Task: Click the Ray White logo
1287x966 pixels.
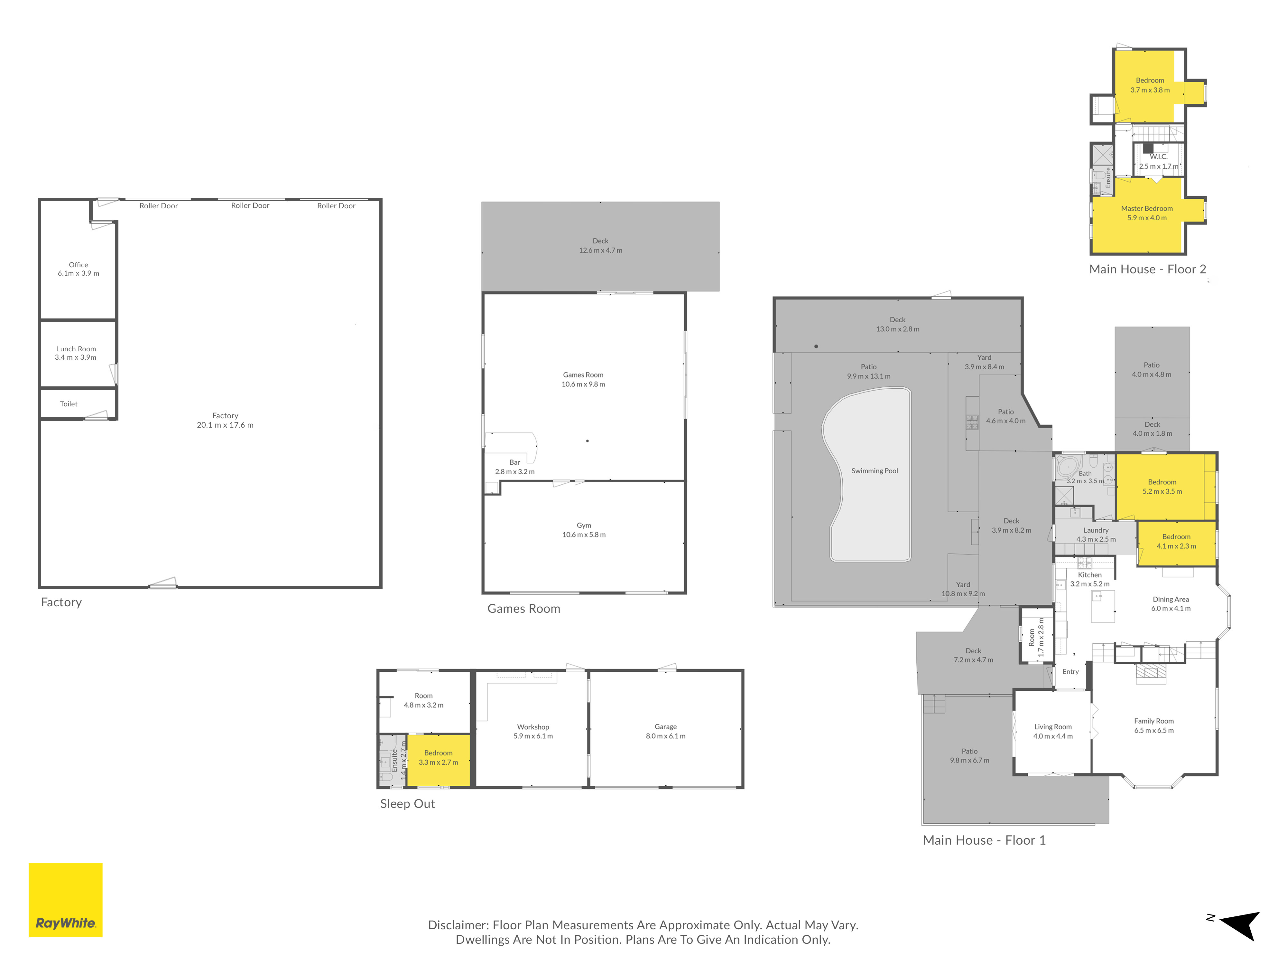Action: click(65, 900)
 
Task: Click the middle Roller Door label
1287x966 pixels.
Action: click(250, 205)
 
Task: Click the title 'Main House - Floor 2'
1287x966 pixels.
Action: click(1147, 269)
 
